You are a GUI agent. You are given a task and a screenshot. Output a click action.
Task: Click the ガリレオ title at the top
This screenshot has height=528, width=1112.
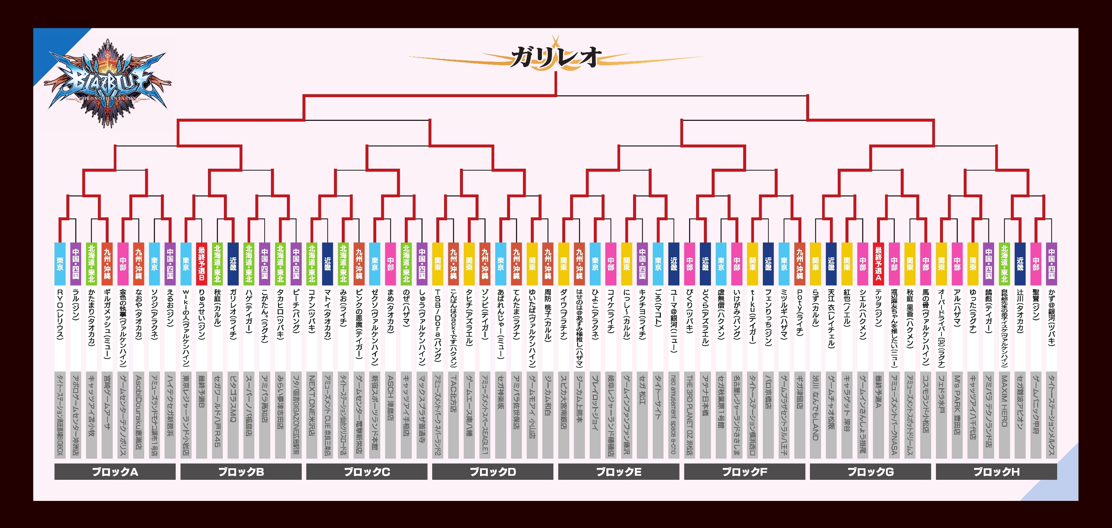click(556, 57)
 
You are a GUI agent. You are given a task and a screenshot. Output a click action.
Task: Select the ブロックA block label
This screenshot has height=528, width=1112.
click(115, 471)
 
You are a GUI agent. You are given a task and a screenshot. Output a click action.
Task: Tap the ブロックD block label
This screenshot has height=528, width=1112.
click(493, 471)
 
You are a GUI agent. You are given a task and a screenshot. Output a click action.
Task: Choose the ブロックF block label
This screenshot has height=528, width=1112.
click(745, 471)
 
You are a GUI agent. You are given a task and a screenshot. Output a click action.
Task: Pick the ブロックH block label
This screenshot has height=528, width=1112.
click(996, 471)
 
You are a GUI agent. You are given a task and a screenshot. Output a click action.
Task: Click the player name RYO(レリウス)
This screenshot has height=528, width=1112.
click(60, 315)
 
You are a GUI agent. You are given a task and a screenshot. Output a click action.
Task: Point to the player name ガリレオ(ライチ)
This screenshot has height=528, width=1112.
click(233, 315)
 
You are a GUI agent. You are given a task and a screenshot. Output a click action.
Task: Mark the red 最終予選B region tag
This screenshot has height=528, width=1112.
click(202, 264)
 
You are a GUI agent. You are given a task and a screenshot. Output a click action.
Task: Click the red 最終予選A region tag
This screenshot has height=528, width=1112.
click(878, 264)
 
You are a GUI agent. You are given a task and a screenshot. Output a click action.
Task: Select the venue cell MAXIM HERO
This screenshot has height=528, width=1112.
click(1004, 402)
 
